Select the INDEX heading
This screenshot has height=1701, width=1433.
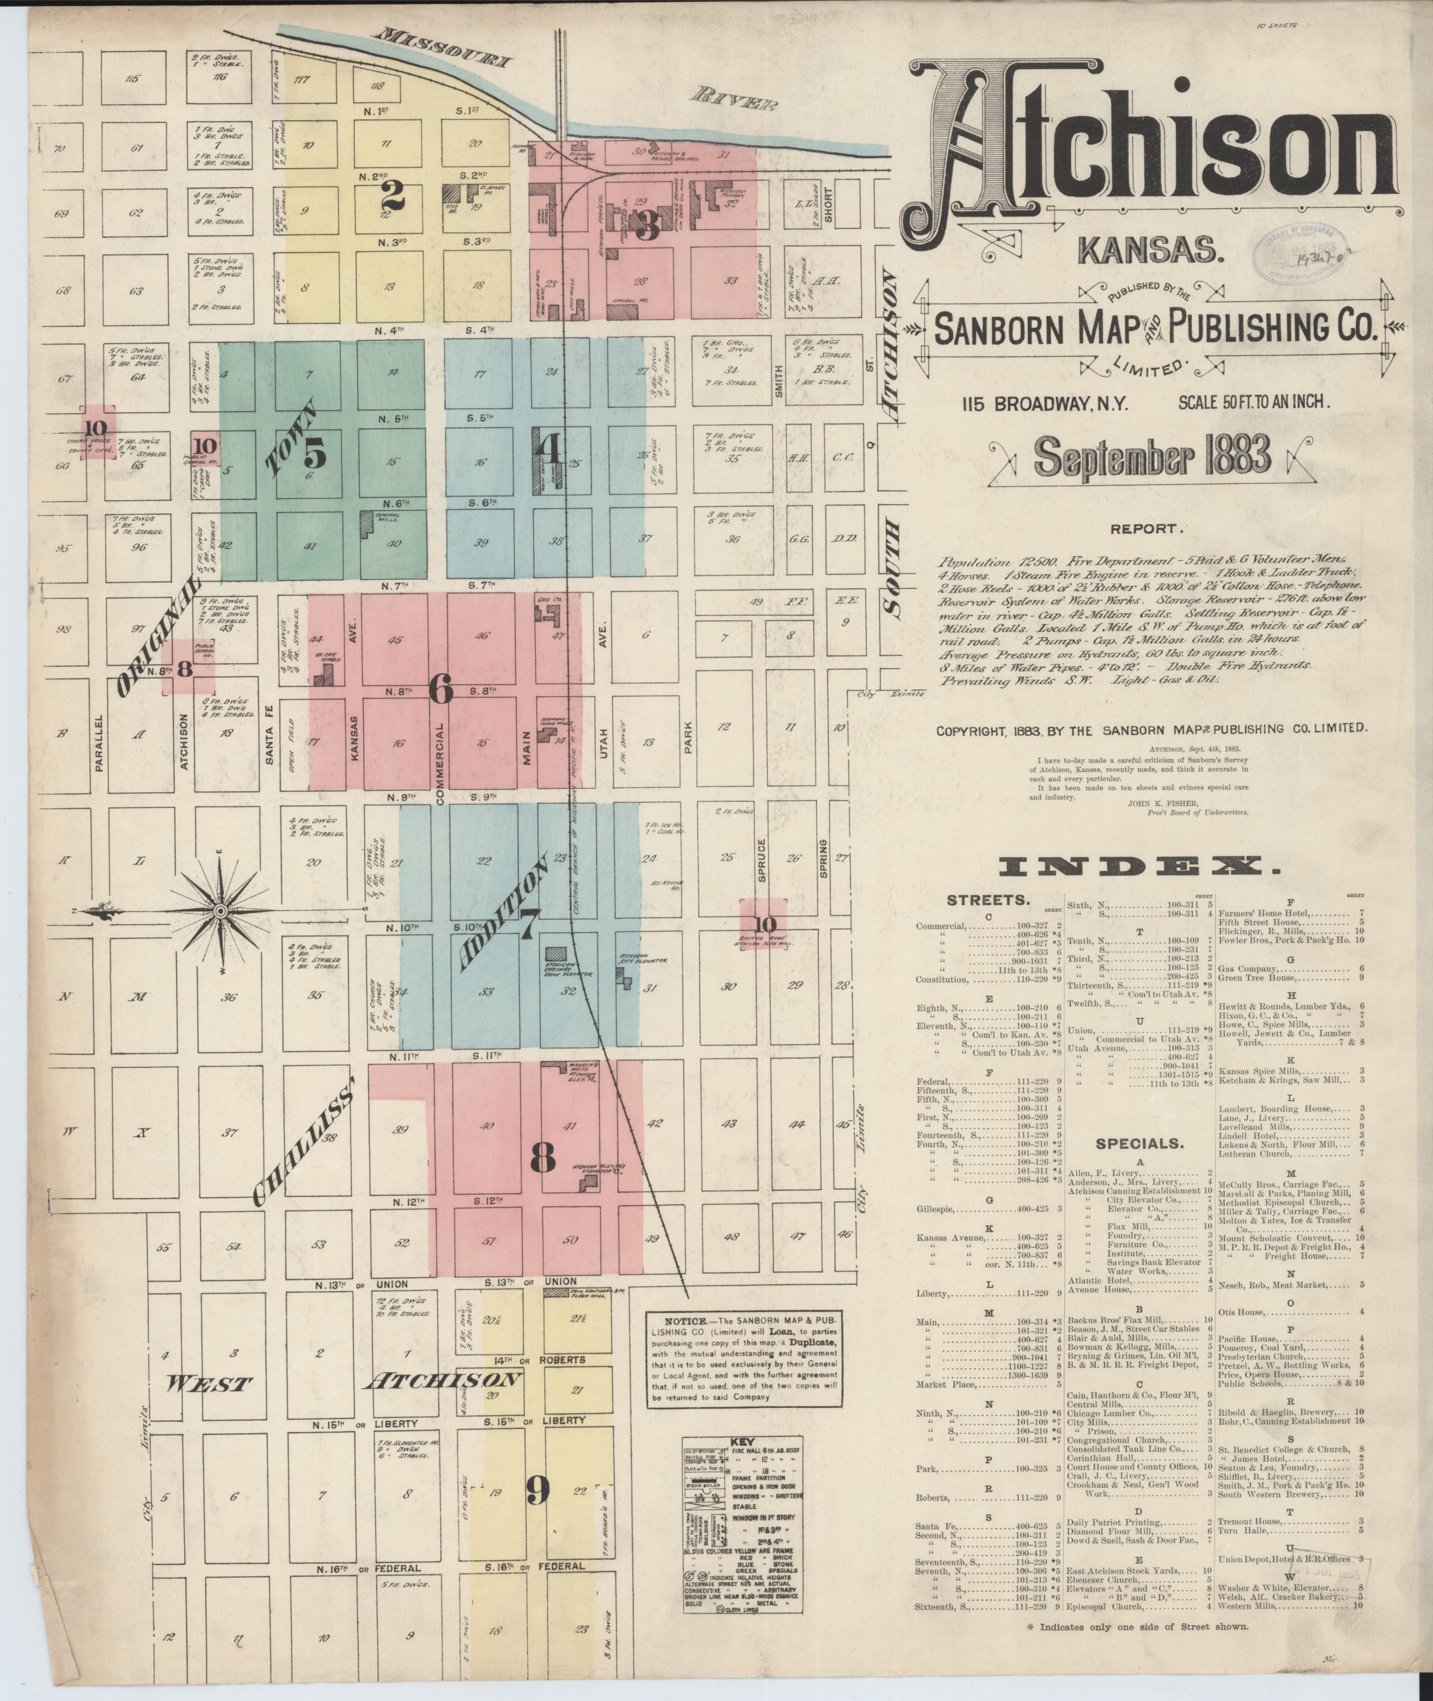pos(1138,866)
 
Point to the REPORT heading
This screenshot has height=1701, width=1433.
pos(1145,529)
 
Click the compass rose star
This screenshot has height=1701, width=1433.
pos(219,911)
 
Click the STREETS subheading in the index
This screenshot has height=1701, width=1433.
pos(987,900)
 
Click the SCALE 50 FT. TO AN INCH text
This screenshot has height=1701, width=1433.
pos(1254,401)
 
